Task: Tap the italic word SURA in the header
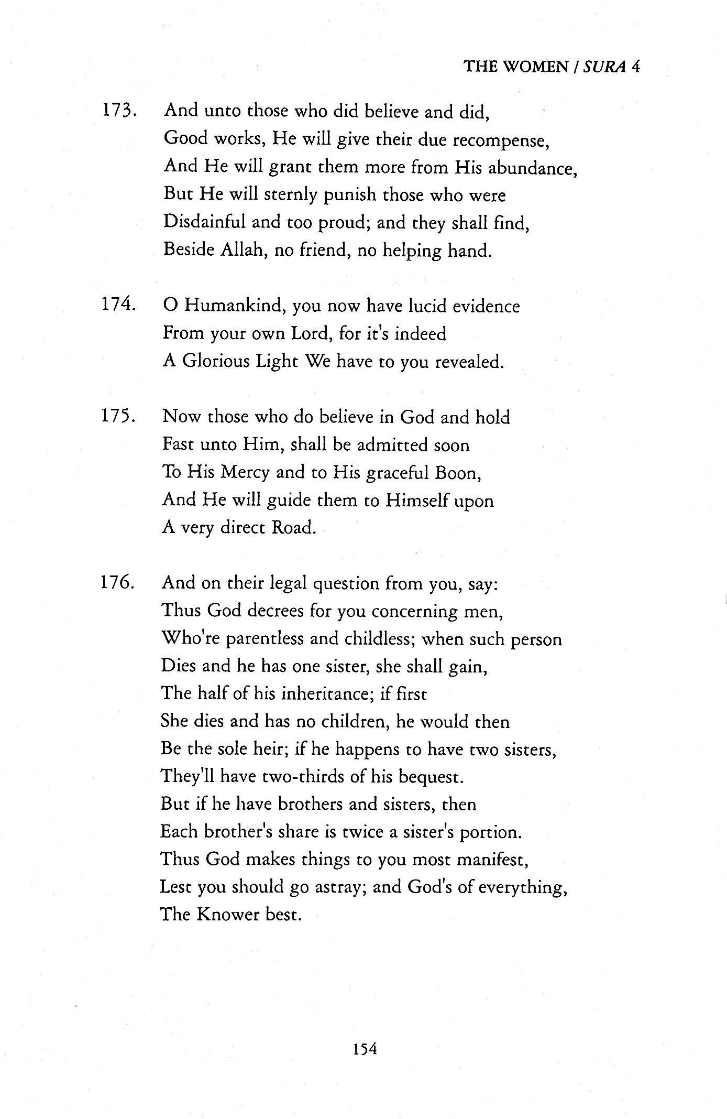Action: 603,67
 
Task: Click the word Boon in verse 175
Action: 457,473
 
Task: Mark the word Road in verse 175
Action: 293,527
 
